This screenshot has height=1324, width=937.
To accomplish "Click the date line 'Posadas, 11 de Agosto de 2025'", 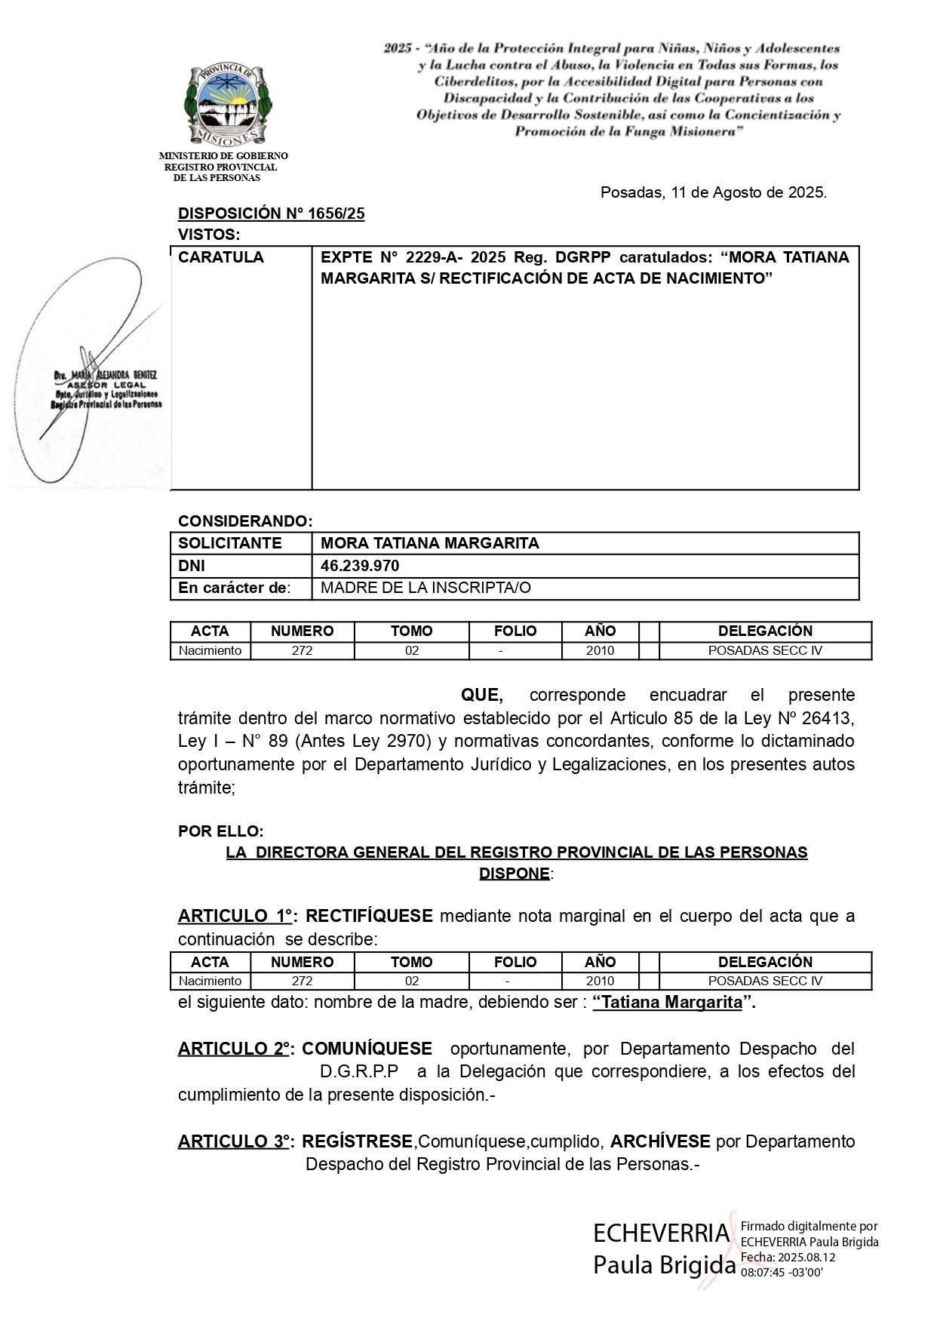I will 713,193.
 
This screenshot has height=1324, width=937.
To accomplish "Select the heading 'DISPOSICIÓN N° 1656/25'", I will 271,214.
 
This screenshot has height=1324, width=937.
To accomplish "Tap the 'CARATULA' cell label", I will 221,258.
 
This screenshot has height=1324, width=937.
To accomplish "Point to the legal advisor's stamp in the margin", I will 106,389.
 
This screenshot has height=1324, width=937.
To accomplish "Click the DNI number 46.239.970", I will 360,566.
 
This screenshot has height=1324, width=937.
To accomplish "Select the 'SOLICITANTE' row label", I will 229,543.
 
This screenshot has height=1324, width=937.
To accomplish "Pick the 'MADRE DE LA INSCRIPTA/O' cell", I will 425,588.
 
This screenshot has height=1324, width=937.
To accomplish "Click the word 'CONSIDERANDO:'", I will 244,521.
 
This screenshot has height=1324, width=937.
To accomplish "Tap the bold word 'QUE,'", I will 481,695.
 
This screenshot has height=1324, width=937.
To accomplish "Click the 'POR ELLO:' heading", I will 221,831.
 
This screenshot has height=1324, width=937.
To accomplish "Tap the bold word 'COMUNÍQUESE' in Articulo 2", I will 367,1049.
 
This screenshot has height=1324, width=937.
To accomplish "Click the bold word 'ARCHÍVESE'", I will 660,1141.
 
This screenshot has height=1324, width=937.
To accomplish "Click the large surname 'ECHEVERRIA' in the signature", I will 661,1234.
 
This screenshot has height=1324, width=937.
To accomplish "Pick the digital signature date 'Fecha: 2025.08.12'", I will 788,1258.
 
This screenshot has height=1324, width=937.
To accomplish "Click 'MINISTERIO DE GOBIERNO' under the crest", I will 223,156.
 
